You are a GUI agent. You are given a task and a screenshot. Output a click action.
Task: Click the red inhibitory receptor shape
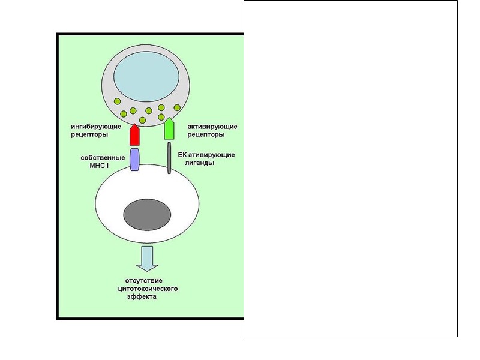135,135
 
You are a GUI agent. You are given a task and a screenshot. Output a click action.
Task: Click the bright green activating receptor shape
169,129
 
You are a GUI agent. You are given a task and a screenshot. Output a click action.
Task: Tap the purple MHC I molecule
135,160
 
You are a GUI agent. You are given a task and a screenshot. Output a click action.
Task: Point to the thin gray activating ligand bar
169,162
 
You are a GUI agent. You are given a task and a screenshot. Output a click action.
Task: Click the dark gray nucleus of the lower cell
148,214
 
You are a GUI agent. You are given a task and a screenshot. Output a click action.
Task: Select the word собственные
103,158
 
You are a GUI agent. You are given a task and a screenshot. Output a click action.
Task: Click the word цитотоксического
148,288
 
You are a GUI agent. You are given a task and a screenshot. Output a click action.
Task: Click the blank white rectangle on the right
350,168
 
